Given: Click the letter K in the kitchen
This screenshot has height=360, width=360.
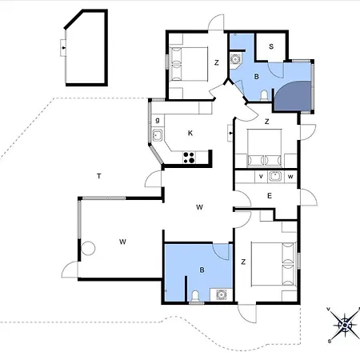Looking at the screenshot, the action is [190, 133].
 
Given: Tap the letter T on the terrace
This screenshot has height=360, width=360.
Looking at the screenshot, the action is [99, 176].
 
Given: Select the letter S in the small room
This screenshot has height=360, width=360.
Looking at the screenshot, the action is [271, 46].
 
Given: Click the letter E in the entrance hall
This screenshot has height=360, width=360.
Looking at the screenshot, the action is [270, 196].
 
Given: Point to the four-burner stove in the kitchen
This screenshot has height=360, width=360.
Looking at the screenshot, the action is [189, 158].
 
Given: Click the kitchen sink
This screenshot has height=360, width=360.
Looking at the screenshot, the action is [158, 135].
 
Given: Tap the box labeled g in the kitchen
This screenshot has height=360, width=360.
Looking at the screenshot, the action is [158, 120].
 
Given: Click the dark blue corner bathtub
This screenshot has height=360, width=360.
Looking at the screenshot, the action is [293, 96].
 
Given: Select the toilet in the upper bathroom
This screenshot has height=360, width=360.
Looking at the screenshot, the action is [264, 96].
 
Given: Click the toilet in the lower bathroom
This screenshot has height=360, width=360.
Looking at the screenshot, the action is [195, 296].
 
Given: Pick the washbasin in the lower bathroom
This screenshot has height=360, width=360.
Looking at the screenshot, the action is [221, 294].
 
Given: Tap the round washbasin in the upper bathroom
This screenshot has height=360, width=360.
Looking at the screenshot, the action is [235, 59].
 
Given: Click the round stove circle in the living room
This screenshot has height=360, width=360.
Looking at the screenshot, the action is [88, 248].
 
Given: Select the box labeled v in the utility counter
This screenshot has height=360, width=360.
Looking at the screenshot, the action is [261, 176].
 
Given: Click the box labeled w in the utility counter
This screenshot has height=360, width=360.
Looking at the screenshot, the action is [290, 176].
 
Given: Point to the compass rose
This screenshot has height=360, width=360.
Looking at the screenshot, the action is [345, 325].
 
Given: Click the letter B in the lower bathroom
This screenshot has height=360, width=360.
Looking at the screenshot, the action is [202, 270].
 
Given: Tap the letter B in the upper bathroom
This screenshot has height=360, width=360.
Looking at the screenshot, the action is [256, 77].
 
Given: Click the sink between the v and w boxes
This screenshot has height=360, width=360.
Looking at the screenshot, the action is [275, 176].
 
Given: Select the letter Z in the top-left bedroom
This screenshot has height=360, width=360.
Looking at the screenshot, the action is [217, 62].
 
